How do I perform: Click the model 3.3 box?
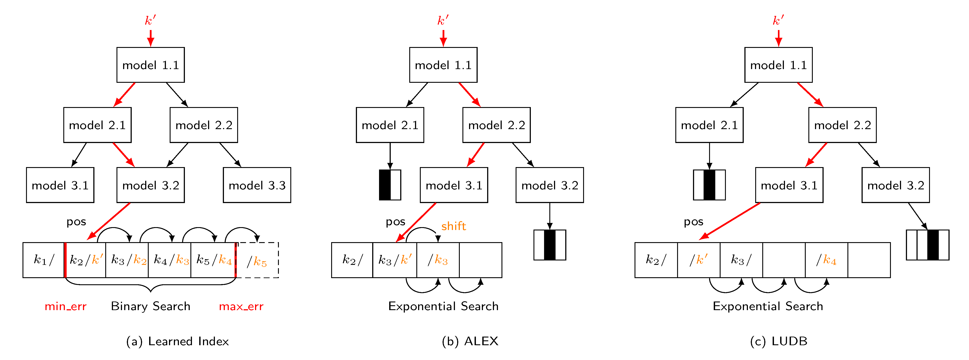point(257,185)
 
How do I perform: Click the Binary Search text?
point(150,306)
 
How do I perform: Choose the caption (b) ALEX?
point(470,341)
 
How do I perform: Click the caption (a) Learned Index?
point(177,341)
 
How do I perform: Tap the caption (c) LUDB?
point(778,341)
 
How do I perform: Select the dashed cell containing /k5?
point(257,260)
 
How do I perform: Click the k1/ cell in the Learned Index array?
point(44,260)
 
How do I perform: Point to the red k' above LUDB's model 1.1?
point(778,20)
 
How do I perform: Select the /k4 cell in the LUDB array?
point(826,260)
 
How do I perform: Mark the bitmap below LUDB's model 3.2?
point(927,245)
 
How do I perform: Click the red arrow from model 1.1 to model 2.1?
point(124,94)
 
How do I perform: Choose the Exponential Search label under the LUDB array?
point(768,306)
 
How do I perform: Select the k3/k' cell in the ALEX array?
point(395,260)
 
